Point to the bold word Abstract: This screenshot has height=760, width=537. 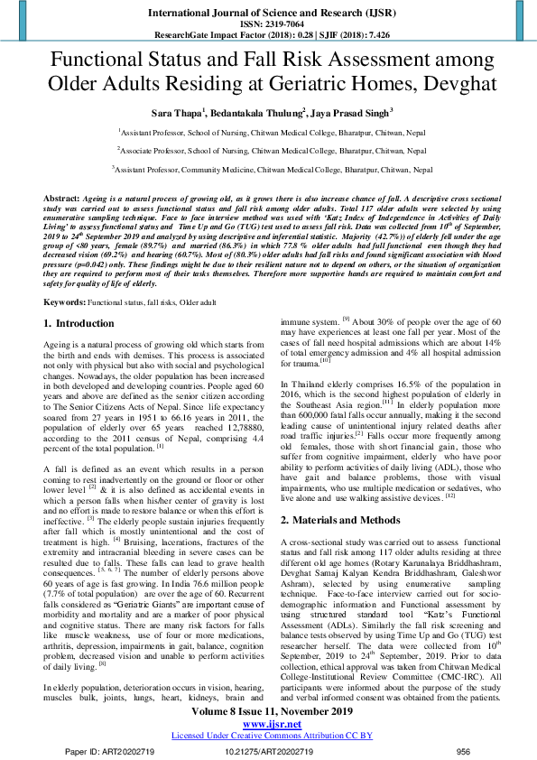pyautogui.click(x=64, y=197)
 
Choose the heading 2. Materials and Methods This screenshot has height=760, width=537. pyautogui.click(x=346, y=520)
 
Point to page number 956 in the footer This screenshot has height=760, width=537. pyautogui.click(x=463, y=750)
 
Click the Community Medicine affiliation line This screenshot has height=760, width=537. pyautogui.click(x=268, y=169)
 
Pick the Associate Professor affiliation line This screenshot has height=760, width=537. pyautogui.click(x=268, y=150)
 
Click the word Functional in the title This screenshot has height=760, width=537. pyautogui.click(x=112, y=60)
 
